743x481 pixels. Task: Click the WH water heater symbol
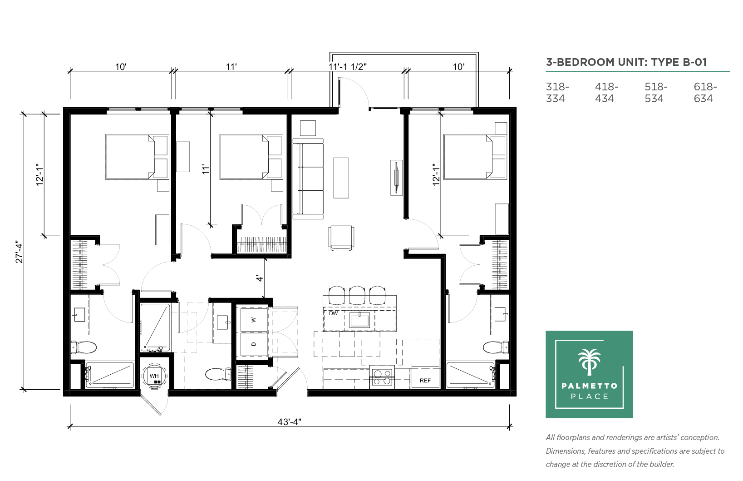(x=154, y=376)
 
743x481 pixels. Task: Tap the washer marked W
(x=254, y=320)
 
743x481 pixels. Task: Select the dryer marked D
(x=254, y=344)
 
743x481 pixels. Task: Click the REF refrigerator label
(x=425, y=381)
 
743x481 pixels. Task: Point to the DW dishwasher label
(x=333, y=313)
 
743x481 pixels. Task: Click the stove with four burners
(x=382, y=377)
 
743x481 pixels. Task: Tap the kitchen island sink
(x=359, y=320)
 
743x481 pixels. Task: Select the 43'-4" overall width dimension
(x=289, y=422)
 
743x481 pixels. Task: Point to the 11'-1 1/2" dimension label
(x=347, y=67)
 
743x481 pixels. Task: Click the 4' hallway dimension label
(x=260, y=278)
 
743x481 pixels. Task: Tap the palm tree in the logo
(x=589, y=362)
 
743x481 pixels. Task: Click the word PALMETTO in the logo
(x=589, y=386)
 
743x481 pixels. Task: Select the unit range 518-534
(x=656, y=93)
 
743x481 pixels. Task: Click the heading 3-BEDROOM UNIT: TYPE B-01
(x=626, y=62)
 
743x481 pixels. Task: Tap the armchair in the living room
(x=341, y=238)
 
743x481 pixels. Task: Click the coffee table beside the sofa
(x=341, y=178)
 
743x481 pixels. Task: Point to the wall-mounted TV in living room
(x=396, y=178)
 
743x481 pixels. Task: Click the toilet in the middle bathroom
(x=218, y=374)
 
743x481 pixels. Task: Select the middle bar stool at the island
(x=357, y=295)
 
